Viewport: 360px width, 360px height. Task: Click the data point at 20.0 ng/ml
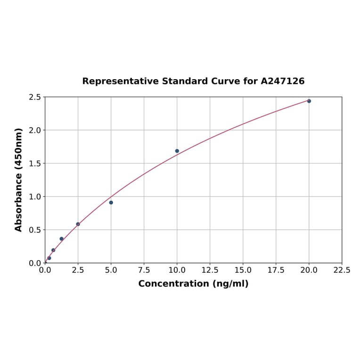pos(309,101)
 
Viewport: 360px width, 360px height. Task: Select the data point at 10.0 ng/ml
pos(177,151)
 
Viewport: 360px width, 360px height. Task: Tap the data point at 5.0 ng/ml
pos(111,203)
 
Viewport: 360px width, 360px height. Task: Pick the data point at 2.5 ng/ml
pos(78,224)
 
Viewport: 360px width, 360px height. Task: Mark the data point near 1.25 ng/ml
pos(62,239)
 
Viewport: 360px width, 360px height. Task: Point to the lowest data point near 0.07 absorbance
pos(49,258)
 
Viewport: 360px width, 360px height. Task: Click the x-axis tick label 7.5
pos(144,270)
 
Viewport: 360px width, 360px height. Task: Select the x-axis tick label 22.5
pos(342,270)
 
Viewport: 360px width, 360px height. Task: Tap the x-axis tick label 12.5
pos(210,270)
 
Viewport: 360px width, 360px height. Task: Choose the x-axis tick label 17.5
pos(276,270)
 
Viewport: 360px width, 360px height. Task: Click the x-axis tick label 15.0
pos(243,270)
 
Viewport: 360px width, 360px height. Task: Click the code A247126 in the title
pos(283,81)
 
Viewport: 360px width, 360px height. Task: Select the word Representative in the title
pos(120,81)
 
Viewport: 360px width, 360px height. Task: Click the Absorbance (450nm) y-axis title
pos(19,180)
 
